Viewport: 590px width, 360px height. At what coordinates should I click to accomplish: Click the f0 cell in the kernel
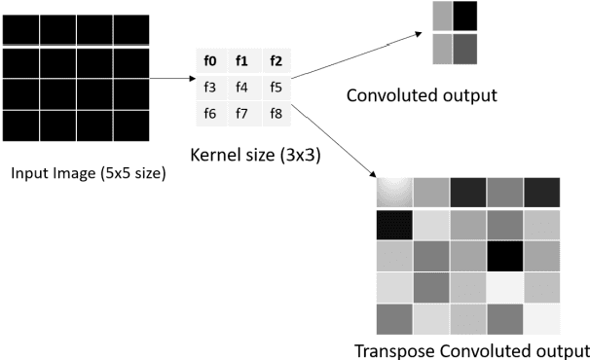click(209, 62)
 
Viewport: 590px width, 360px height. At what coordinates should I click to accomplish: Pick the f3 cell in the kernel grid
click(209, 88)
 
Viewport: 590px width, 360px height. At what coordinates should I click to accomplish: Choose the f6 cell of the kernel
click(209, 114)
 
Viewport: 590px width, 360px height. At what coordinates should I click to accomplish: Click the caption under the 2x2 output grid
click(422, 96)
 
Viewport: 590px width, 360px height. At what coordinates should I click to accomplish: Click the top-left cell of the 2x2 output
click(443, 17)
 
